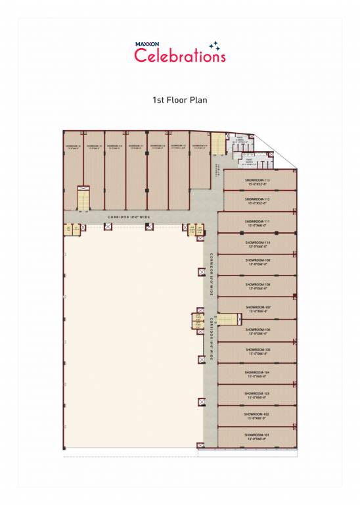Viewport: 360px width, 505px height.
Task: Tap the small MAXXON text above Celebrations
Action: [x=147, y=45]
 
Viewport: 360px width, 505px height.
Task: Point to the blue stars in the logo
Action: [x=214, y=45]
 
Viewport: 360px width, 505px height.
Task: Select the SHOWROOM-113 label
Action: [x=258, y=180]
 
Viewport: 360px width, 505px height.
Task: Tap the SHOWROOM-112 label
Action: [x=258, y=199]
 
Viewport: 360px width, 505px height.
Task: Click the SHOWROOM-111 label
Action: [x=258, y=222]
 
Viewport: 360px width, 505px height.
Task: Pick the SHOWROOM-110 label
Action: [x=258, y=242]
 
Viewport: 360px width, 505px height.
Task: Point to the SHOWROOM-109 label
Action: [x=258, y=260]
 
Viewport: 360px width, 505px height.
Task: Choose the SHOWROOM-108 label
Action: [x=258, y=285]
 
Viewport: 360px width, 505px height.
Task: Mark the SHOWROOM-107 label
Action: [x=258, y=307]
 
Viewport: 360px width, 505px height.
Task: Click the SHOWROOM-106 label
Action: [x=258, y=329]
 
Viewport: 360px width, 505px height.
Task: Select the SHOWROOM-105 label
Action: [x=258, y=350]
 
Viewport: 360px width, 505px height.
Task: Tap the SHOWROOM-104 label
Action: [x=258, y=372]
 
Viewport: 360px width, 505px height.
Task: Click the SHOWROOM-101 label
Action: [x=258, y=435]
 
